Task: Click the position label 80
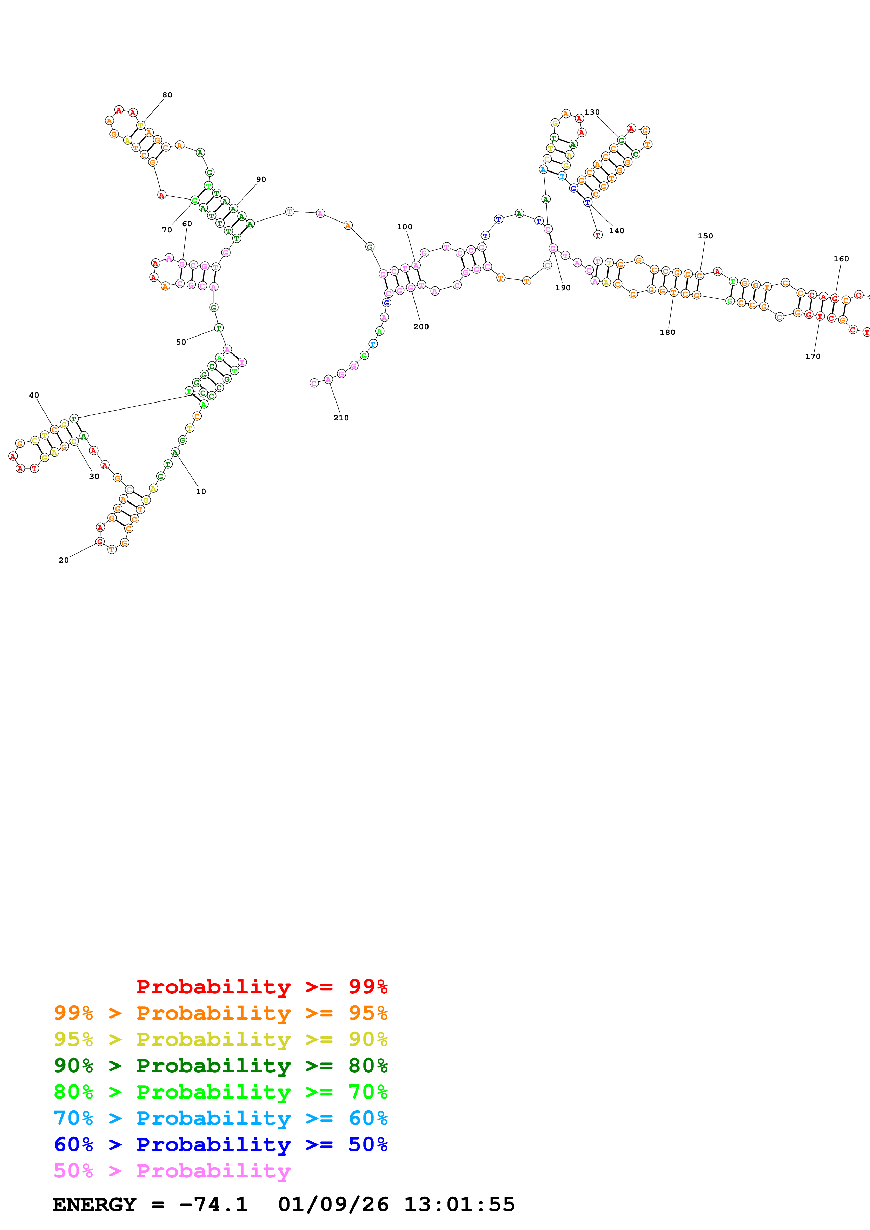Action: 167,95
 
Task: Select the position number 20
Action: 63,560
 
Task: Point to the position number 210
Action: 341,418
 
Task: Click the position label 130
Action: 592,112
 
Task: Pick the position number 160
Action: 841,259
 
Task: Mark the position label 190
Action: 563,288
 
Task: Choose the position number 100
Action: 405,227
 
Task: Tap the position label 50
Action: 181,342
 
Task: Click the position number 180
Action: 668,332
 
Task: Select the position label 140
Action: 617,230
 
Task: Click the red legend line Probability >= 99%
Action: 261,986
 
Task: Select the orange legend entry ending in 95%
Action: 220,1013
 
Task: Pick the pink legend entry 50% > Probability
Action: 172,1170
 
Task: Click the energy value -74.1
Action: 213,1204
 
